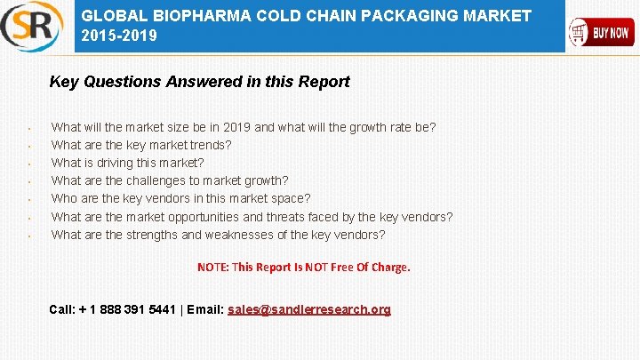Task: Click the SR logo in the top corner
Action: [32, 26]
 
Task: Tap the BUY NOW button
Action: [601, 33]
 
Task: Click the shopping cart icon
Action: [580, 34]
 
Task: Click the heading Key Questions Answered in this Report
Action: [199, 82]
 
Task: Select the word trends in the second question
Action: [210, 145]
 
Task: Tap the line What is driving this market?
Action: [127, 163]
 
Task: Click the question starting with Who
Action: [180, 199]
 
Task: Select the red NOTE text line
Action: [303, 267]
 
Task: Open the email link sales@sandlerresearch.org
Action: [308, 309]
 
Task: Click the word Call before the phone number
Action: [61, 309]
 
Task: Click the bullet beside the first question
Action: [29, 129]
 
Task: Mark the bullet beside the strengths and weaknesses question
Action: [29, 236]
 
